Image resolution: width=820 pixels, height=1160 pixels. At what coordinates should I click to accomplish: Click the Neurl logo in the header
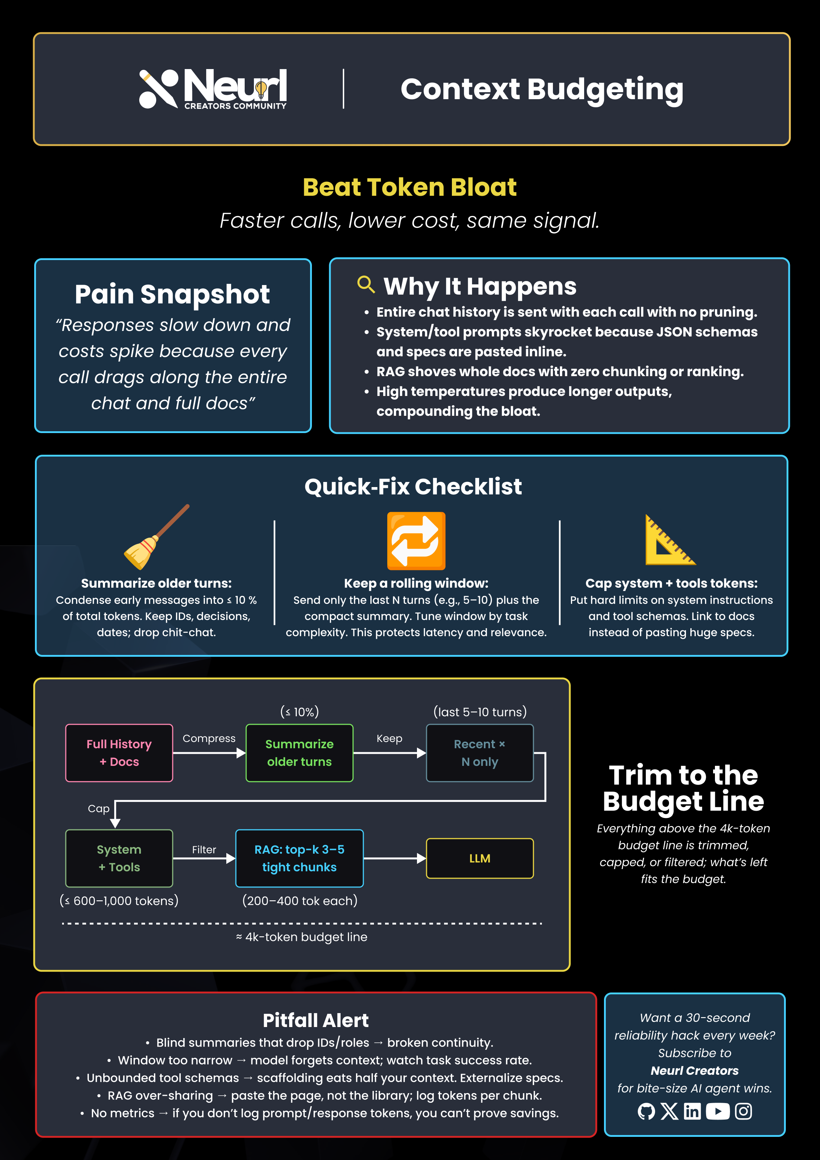213,89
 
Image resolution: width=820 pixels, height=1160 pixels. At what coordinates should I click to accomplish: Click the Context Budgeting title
542,89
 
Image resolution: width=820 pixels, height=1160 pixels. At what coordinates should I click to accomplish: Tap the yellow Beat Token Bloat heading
409,187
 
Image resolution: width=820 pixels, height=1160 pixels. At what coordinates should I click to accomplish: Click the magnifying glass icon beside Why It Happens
366,284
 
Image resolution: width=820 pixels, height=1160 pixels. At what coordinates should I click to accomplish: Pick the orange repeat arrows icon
416,541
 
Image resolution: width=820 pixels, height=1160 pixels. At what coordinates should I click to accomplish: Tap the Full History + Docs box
119,753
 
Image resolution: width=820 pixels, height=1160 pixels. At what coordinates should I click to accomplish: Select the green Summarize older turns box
299,753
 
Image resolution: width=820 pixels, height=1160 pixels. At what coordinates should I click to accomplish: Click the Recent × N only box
479,753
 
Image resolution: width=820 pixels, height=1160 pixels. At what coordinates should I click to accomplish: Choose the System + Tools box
119,858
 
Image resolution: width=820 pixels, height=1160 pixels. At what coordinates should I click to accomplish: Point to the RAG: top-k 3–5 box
299,858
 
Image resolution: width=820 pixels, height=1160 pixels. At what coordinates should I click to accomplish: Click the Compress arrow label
209,738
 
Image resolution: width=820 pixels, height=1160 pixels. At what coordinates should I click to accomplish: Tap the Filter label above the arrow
204,849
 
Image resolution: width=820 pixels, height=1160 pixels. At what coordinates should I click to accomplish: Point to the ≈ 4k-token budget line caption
302,937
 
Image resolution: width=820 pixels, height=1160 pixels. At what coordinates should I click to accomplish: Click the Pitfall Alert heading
316,1020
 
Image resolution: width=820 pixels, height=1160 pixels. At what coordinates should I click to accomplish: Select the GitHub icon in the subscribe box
646,1112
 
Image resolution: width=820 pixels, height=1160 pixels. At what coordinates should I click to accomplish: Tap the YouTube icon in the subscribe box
717,1112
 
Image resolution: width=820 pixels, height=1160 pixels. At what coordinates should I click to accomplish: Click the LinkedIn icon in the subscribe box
692,1112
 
